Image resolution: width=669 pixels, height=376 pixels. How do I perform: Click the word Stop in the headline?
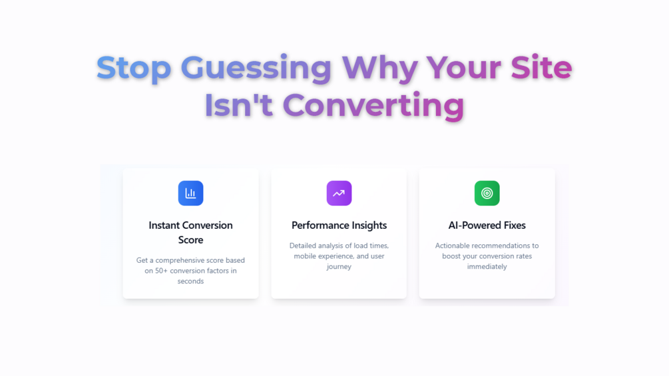[134, 68]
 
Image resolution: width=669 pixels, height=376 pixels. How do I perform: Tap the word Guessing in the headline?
[256, 68]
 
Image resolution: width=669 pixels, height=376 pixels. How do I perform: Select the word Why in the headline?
[379, 68]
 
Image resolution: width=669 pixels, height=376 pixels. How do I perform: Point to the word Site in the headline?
[541, 67]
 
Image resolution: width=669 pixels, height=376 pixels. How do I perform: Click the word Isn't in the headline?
[238, 105]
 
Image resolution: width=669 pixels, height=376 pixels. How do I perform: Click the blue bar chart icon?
[191, 193]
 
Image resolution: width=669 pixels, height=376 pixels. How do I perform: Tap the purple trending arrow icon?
[339, 193]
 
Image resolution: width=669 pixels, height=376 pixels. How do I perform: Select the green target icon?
[487, 193]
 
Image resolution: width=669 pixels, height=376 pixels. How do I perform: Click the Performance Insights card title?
[339, 226]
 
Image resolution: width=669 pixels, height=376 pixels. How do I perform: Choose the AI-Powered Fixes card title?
[487, 225]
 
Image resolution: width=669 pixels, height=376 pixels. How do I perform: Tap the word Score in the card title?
[191, 240]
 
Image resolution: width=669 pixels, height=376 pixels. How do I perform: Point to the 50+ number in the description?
[161, 271]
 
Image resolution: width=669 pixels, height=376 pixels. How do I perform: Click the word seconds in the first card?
[191, 281]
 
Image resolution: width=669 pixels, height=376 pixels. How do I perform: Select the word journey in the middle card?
[339, 267]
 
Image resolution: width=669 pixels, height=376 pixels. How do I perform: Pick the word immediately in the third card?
[487, 267]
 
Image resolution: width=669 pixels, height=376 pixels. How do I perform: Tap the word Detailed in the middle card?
[303, 246]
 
